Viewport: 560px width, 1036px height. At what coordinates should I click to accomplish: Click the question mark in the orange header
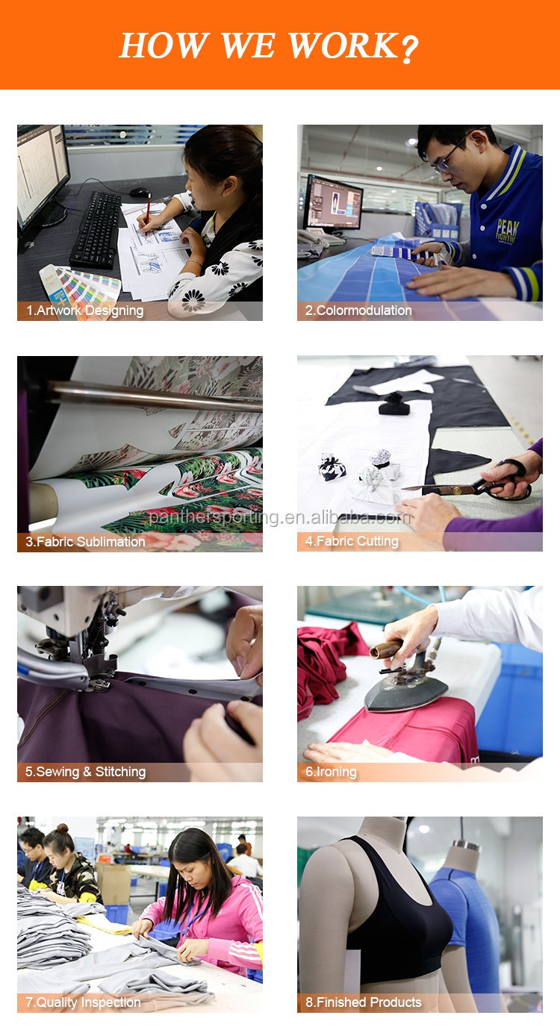(409, 48)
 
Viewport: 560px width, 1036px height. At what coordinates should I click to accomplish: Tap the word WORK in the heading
(343, 46)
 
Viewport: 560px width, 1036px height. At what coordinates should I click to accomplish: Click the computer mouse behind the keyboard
(139, 193)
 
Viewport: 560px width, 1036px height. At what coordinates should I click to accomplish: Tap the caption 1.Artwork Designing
(84, 311)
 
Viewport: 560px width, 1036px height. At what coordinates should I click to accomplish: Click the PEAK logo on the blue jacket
(508, 231)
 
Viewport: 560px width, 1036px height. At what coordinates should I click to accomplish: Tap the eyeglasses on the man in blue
(447, 159)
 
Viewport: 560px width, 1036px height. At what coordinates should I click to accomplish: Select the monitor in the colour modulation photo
(333, 204)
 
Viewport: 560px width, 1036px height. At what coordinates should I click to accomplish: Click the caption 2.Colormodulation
(358, 311)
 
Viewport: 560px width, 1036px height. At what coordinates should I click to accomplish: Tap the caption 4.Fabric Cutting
(352, 541)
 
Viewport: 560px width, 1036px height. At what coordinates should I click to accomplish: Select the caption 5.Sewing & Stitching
(85, 772)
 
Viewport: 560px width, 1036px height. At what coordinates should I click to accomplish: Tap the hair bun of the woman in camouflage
(63, 828)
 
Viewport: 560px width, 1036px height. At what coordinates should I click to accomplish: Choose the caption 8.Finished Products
(364, 1002)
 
